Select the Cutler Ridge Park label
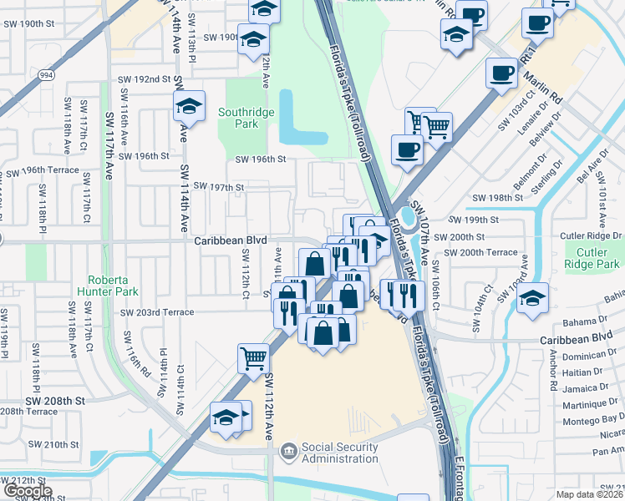coord(594,259)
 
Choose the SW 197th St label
coord(218,187)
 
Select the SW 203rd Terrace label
coord(157,312)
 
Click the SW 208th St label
coord(55,401)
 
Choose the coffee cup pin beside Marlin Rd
coord(502,73)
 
